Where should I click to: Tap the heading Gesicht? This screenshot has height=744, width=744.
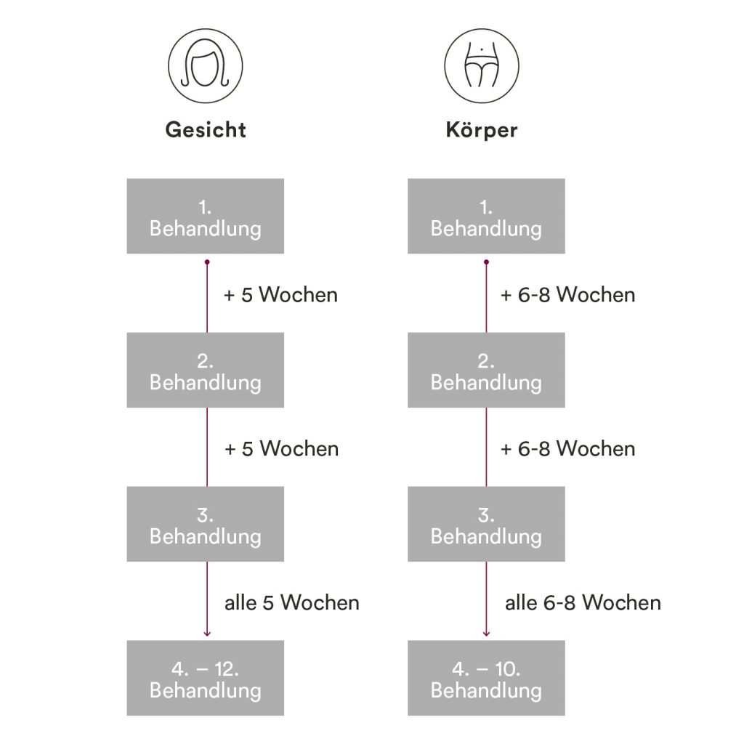[x=206, y=130]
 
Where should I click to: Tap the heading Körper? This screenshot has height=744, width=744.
[x=482, y=130]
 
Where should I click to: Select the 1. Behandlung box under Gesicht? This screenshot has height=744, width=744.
[x=206, y=217]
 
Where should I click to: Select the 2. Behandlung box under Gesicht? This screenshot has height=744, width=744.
[x=206, y=371]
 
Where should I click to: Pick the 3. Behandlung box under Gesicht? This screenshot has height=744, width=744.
[x=206, y=525]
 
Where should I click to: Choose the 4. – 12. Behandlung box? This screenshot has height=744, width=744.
[x=206, y=678]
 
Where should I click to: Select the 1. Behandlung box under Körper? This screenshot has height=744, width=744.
[x=486, y=217]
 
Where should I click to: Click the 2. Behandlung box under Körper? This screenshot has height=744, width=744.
[x=486, y=371]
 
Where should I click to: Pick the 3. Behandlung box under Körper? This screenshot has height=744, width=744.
[x=486, y=525]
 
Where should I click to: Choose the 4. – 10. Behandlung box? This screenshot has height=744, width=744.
[x=486, y=678]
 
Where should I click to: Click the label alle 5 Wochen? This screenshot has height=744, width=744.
[x=291, y=602]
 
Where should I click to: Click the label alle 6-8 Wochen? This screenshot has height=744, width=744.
[x=583, y=602]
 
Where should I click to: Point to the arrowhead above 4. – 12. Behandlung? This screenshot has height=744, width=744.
[x=207, y=634]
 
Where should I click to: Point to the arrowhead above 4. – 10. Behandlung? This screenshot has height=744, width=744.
[x=486, y=634]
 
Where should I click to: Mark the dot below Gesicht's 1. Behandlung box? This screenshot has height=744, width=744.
[x=207, y=262]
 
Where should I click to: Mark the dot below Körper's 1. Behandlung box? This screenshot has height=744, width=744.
[x=486, y=262]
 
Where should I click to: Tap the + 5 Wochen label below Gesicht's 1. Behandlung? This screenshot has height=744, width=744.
[x=281, y=295]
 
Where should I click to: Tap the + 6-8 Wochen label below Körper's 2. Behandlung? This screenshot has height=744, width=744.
[x=568, y=449]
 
